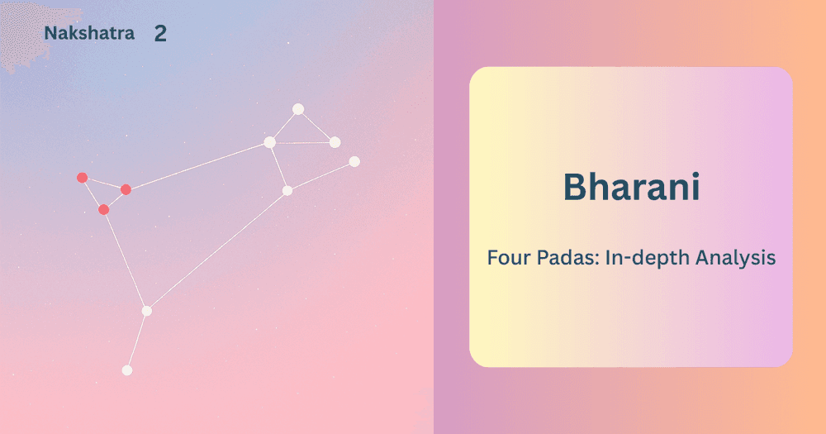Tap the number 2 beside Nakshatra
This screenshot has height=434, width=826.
(160, 34)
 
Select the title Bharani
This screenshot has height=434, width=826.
(631, 187)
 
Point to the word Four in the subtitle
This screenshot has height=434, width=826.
(507, 257)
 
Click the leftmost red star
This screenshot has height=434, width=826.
(82, 178)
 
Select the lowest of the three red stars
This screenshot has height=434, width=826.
(104, 209)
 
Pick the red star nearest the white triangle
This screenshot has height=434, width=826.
(126, 189)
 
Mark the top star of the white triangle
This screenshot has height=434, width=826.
(298, 109)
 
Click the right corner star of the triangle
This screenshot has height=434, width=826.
(335, 142)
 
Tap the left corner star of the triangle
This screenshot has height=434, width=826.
(269, 142)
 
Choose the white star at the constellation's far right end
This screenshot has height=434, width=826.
(354, 161)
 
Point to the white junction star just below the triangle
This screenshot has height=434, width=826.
(287, 191)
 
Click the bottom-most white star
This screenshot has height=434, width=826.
(127, 370)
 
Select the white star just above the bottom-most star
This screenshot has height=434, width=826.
(147, 311)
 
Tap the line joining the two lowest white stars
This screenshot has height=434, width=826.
(137, 341)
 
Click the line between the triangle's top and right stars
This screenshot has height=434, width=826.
(316, 126)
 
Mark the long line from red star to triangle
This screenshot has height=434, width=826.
(197, 165)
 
